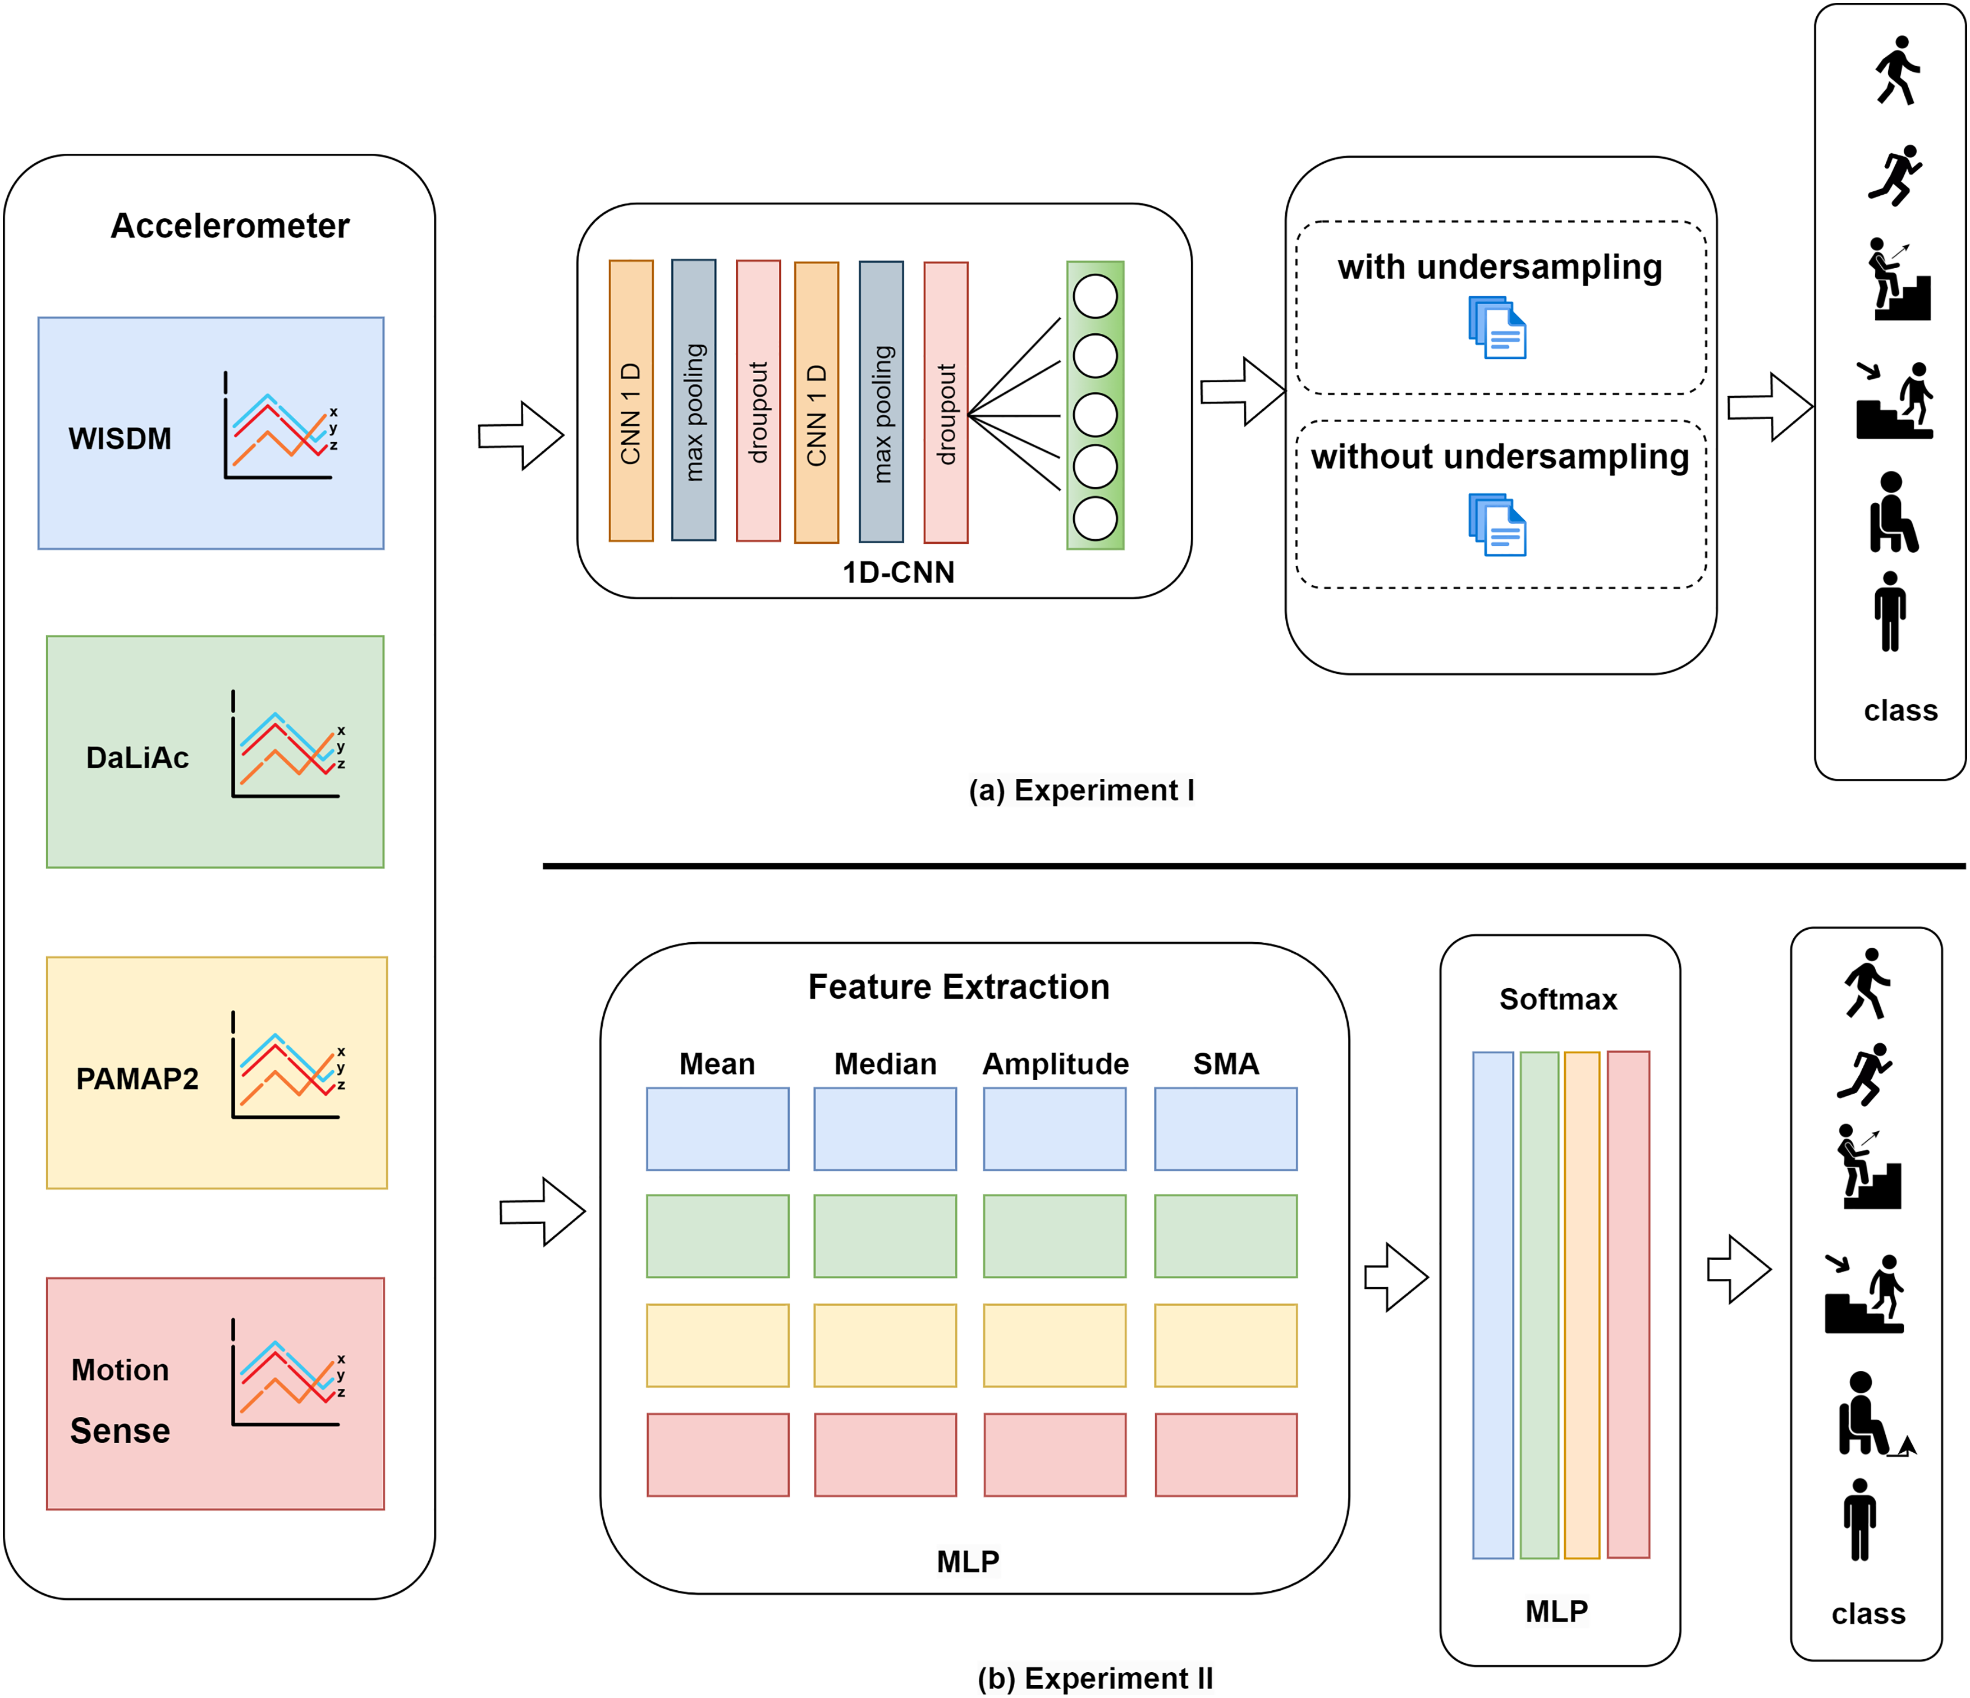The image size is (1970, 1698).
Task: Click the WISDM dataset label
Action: [120, 438]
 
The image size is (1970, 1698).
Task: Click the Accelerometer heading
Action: [230, 226]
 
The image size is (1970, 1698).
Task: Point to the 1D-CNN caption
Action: [897, 572]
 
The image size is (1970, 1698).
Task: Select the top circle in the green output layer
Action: [1096, 297]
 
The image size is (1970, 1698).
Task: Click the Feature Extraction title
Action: [959, 987]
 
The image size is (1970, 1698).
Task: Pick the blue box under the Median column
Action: [885, 1128]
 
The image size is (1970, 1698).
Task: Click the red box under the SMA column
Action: [1226, 1454]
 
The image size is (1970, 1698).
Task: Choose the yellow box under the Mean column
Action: [718, 1345]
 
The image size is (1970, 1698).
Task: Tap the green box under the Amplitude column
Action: [1055, 1236]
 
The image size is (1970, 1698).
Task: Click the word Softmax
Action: [1557, 999]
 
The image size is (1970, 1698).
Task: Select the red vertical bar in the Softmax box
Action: [1628, 1305]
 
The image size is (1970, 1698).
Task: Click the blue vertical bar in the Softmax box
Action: [1493, 1305]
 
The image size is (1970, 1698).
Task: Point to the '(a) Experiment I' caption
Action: [1081, 790]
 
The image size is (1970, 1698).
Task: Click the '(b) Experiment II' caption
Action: [1096, 1678]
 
